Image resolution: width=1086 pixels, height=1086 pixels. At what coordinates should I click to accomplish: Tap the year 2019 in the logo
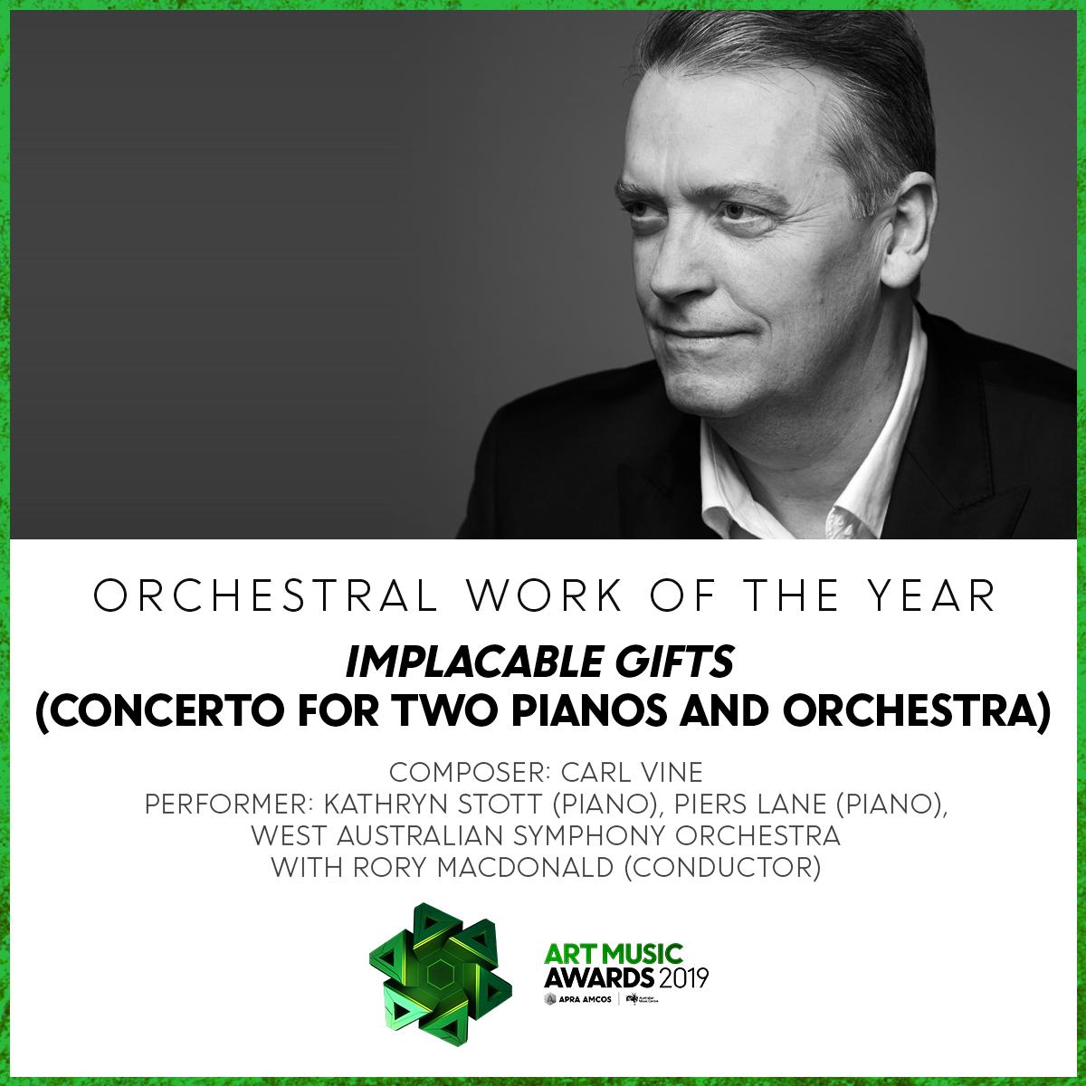681,978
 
